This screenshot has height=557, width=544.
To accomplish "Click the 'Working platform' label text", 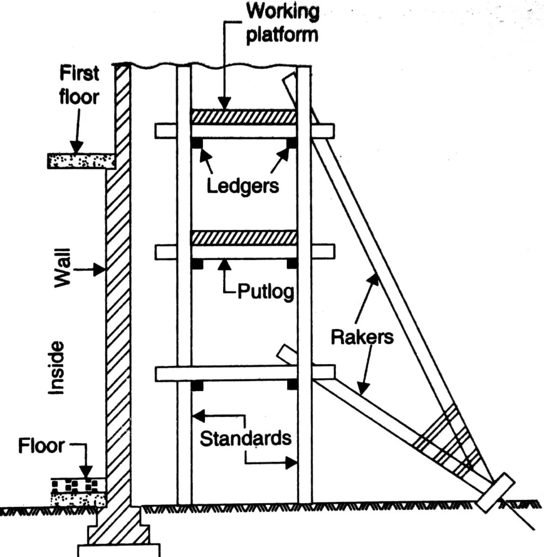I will coord(282,23).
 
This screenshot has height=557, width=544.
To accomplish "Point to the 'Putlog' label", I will coord(265,292).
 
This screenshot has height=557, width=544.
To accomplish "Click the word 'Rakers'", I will coord(362,337).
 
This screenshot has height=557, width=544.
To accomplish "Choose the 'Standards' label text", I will coord(245,438).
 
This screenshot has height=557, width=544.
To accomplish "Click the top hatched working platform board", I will coord(244,117).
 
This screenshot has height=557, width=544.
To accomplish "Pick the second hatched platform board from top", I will coord(244,238).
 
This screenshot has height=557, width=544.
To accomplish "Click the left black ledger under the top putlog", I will coord(197,143).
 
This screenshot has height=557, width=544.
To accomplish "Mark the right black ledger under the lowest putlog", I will coord(292,385).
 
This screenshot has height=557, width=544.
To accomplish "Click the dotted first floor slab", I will coord(81,160).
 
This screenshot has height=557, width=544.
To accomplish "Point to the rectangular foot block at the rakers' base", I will coord(495,493).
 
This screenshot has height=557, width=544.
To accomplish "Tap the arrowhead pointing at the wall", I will coord(100,269).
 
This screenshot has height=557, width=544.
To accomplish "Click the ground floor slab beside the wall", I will coord(78,492).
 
